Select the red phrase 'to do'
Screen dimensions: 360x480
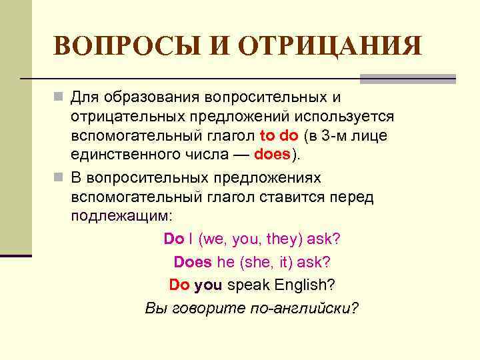click(279, 136)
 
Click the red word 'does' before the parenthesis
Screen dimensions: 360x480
click(271, 155)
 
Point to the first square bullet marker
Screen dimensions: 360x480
click(59, 98)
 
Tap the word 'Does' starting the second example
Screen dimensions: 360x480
click(193, 262)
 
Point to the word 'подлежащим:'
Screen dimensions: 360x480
click(121, 217)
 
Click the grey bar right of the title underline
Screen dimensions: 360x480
click(407, 79)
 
